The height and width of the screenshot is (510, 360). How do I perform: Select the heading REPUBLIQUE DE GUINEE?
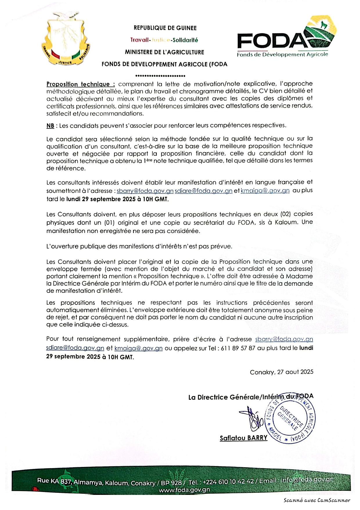click(x=165, y=28)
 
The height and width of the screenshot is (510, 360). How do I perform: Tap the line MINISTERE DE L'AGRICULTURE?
click(x=164, y=52)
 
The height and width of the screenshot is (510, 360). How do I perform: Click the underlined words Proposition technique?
click(x=80, y=84)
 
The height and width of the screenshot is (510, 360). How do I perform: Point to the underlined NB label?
click(x=50, y=126)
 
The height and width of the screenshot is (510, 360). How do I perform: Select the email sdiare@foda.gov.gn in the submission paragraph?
click(x=203, y=191)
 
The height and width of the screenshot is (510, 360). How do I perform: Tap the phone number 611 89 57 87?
click(x=238, y=348)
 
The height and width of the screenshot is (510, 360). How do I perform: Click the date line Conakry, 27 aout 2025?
click(x=281, y=372)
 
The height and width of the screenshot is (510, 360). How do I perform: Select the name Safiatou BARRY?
click(x=243, y=438)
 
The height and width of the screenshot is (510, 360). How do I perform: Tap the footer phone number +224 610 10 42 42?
click(x=228, y=482)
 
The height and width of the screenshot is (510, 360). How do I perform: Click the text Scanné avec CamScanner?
click(x=317, y=500)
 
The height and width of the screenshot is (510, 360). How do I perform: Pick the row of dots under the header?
click(x=160, y=76)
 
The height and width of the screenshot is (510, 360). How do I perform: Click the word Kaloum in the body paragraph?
click(x=286, y=222)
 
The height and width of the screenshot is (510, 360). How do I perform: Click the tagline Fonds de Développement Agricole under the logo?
click(x=282, y=55)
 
